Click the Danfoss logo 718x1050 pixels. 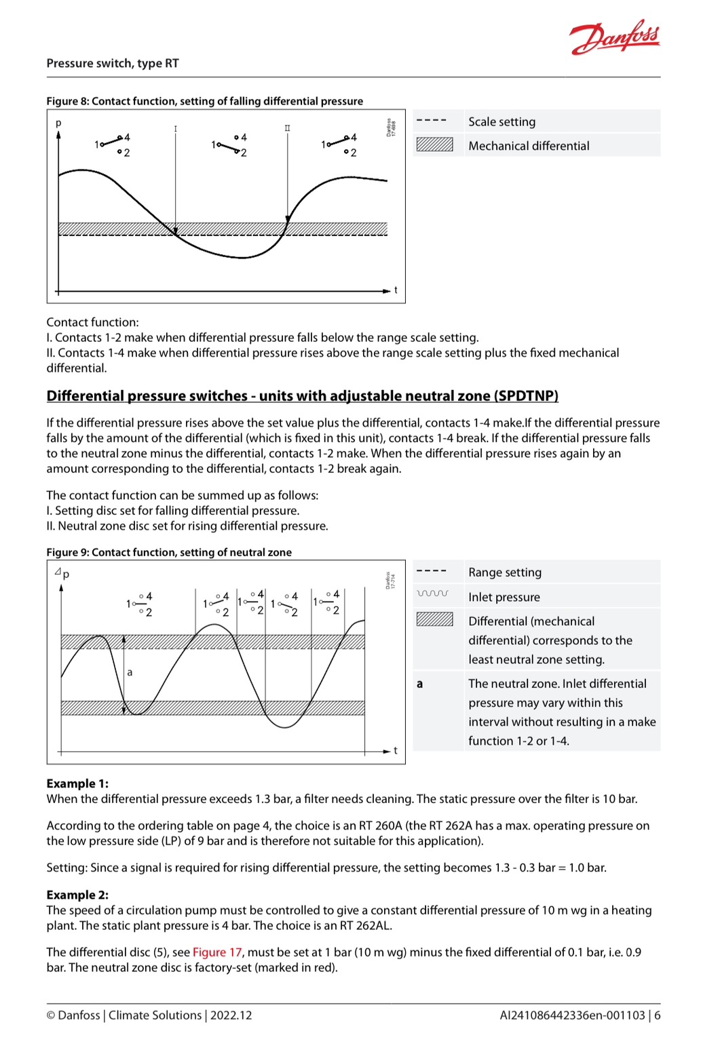point(615,37)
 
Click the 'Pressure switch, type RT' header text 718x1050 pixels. point(113,63)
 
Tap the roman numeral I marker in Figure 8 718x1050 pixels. point(176,129)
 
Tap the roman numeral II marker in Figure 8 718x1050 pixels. point(287,128)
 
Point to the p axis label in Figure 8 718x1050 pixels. point(58,123)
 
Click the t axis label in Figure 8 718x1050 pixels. point(396,290)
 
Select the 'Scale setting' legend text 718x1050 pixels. point(502,121)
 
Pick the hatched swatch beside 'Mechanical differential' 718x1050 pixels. point(434,145)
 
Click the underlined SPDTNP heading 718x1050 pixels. point(302,395)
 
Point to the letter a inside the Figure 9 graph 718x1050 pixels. point(130,672)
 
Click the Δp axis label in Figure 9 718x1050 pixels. point(62,573)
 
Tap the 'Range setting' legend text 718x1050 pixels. point(505,572)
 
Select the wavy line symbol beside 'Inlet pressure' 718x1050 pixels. point(432,594)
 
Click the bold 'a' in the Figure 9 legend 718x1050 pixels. point(419,684)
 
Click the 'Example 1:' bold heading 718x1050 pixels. point(77,783)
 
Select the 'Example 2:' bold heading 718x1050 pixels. point(77,895)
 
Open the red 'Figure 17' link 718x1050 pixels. point(217,952)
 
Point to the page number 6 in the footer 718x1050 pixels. point(657,1015)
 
